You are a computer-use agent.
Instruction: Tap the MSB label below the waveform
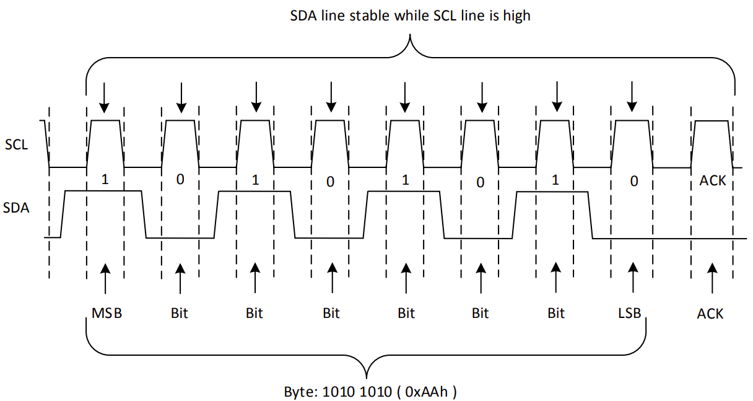(x=107, y=313)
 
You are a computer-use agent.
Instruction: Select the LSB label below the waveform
(x=630, y=313)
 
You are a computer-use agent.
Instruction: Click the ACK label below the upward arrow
(x=710, y=314)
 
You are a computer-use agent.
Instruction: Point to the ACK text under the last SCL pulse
(x=712, y=180)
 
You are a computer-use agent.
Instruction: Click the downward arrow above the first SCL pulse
(x=105, y=95)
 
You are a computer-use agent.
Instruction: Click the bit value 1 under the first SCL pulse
(x=105, y=180)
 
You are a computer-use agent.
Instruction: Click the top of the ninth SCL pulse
(x=711, y=121)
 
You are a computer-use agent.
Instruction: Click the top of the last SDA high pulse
(x=552, y=192)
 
